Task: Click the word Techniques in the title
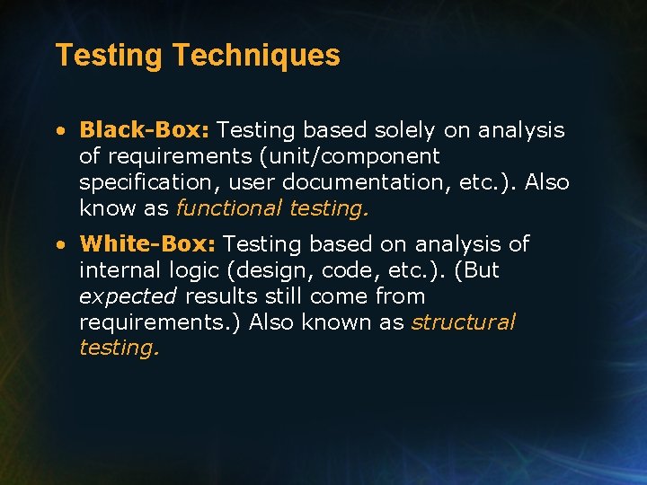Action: click(x=256, y=56)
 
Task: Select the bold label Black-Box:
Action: click(x=144, y=130)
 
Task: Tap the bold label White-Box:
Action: click(x=147, y=244)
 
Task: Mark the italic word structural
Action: click(x=464, y=322)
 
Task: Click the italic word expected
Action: click(x=129, y=296)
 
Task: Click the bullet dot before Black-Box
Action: click(x=58, y=131)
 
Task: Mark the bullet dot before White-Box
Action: click(x=58, y=245)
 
